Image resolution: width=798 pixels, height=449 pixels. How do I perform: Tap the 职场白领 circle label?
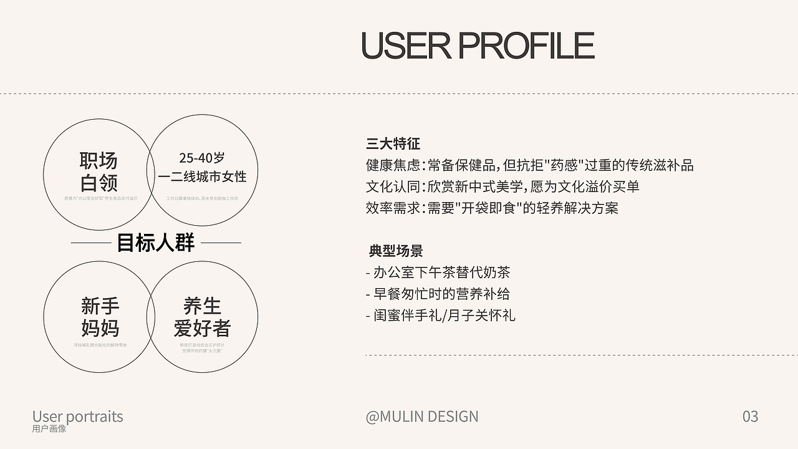point(99,171)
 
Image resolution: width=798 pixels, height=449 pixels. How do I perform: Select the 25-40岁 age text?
point(202,158)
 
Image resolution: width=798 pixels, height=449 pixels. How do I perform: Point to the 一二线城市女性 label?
point(203,176)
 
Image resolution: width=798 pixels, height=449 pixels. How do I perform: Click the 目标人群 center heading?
point(156,243)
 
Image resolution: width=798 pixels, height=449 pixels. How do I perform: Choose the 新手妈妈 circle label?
point(100,317)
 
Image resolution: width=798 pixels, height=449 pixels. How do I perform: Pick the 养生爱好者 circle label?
point(203,317)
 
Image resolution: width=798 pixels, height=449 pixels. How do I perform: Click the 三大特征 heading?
point(393,144)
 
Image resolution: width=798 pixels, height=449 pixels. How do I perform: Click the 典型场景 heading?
point(396,251)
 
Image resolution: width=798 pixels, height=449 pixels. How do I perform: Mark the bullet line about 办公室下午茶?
point(438,273)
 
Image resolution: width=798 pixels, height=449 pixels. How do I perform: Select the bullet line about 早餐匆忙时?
point(438,294)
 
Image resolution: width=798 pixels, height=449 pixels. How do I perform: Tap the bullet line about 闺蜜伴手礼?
point(441,315)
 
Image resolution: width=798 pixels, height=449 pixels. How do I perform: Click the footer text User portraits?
point(78,416)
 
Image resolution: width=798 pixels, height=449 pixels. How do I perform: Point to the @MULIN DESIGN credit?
point(422,416)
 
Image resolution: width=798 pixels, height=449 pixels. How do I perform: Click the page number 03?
point(750,416)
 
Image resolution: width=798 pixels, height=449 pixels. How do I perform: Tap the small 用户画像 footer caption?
point(49,428)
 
